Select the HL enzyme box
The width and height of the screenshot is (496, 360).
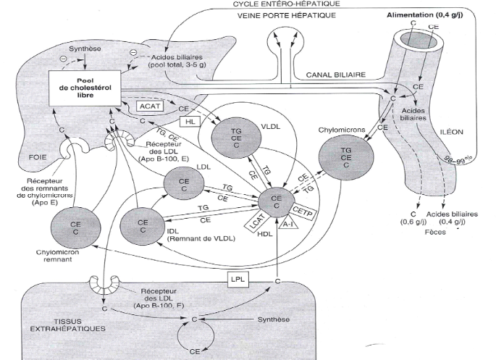point(192,122)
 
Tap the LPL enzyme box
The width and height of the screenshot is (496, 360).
point(235,278)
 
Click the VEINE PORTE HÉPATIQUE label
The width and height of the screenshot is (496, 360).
point(279,15)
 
